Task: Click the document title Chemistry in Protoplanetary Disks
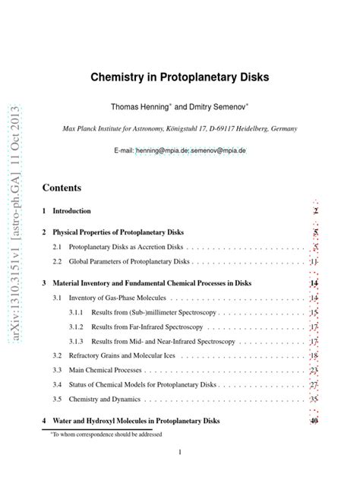[180, 78]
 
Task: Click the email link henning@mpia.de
[162, 151]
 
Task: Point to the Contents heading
[62, 187]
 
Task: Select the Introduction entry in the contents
[71, 211]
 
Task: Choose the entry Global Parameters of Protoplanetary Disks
[129, 262]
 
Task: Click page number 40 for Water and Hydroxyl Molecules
[313, 420]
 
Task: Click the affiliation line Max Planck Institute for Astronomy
[180, 129]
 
